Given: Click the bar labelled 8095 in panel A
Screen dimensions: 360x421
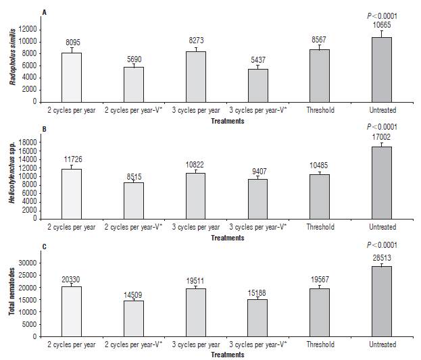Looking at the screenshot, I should coord(72,77).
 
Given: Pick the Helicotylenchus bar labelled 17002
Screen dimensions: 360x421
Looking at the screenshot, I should coord(381,183).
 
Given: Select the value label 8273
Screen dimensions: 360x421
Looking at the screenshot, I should coord(196,41).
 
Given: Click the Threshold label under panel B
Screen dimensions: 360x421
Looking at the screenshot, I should coord(320,227).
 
